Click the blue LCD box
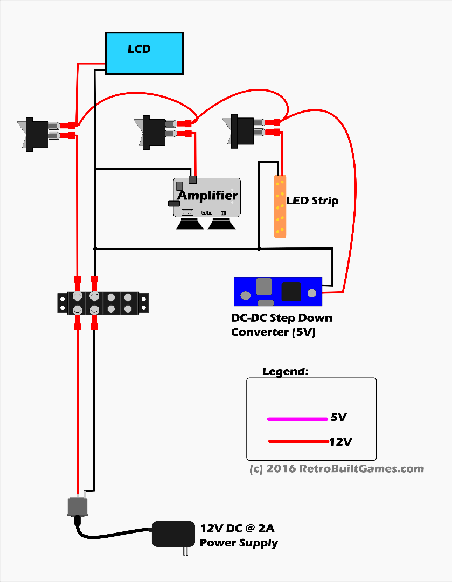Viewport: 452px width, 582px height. pyautogui.click(x=144, y=53)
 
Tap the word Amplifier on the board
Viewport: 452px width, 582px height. pyautogui.click(x=207, y=196)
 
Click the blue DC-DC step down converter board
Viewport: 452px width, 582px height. pyautogui.click(x=277, y=291)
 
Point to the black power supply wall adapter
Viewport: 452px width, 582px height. pyautogui.click(x=173, y=533)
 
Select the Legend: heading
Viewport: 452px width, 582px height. pyautogui.click(x=286, y=372)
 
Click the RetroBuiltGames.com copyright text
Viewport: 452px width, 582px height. pyautogui.click(x=337, y=469)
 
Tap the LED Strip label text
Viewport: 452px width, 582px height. pyautogui.click(x=312, y=201)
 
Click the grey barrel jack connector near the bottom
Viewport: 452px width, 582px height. pyautogui.click(x=77, y=507)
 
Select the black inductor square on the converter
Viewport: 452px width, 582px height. pyautogui.click(x=291, y=292)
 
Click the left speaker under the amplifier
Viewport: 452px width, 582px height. pyautogui.click(x=190, y=223)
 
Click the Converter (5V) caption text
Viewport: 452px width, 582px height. pyautogui.click(x=273, y=332)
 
